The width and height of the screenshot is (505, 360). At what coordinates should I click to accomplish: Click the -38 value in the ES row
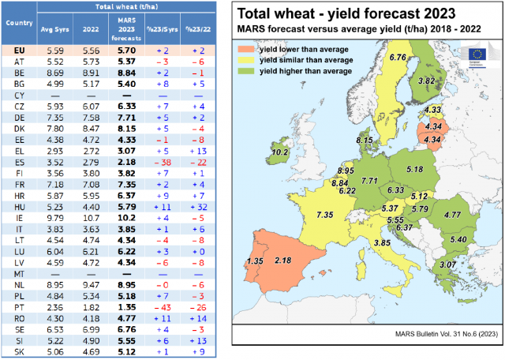[162, 161]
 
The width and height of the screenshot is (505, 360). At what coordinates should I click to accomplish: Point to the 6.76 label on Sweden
[398, 58]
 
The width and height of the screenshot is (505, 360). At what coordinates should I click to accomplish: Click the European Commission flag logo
[477, 54]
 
